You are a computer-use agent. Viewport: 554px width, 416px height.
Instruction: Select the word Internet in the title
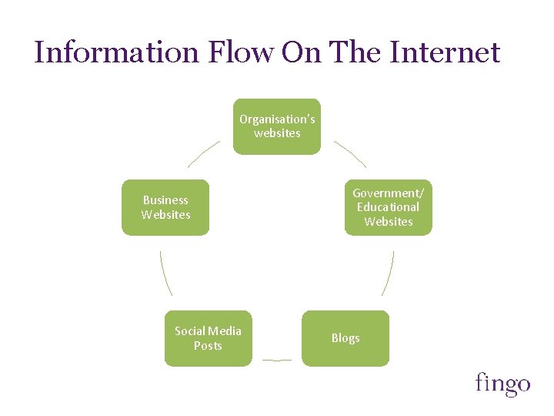point(445,52)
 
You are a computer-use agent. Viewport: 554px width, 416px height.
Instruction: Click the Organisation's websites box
point(277,126)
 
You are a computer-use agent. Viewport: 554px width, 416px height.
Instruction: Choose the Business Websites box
point(165,207)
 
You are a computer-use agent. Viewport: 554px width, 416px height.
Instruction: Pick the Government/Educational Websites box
point(388,207)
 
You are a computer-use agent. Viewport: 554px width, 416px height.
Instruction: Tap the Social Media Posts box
point(208,338)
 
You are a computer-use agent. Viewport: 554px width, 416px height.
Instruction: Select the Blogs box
point(345,338)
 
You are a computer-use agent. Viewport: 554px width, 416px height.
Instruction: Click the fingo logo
point(502,383)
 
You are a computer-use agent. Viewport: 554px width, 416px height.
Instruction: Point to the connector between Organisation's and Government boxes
point(350,153)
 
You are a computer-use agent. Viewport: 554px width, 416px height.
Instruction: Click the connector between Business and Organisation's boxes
point(203,153)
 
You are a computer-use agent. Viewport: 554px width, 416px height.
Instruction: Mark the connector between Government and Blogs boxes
point(389,273)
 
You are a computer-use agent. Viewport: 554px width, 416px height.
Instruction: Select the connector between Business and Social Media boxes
point(165,273)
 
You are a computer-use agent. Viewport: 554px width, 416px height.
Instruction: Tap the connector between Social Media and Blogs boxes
point(277,360)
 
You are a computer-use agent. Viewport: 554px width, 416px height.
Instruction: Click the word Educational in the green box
point(388,207)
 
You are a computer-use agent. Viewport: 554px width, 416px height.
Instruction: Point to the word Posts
point(208,346)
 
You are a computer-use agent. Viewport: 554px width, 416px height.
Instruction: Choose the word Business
point(165,200)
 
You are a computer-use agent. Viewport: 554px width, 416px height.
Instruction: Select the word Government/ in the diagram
point(388,193)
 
